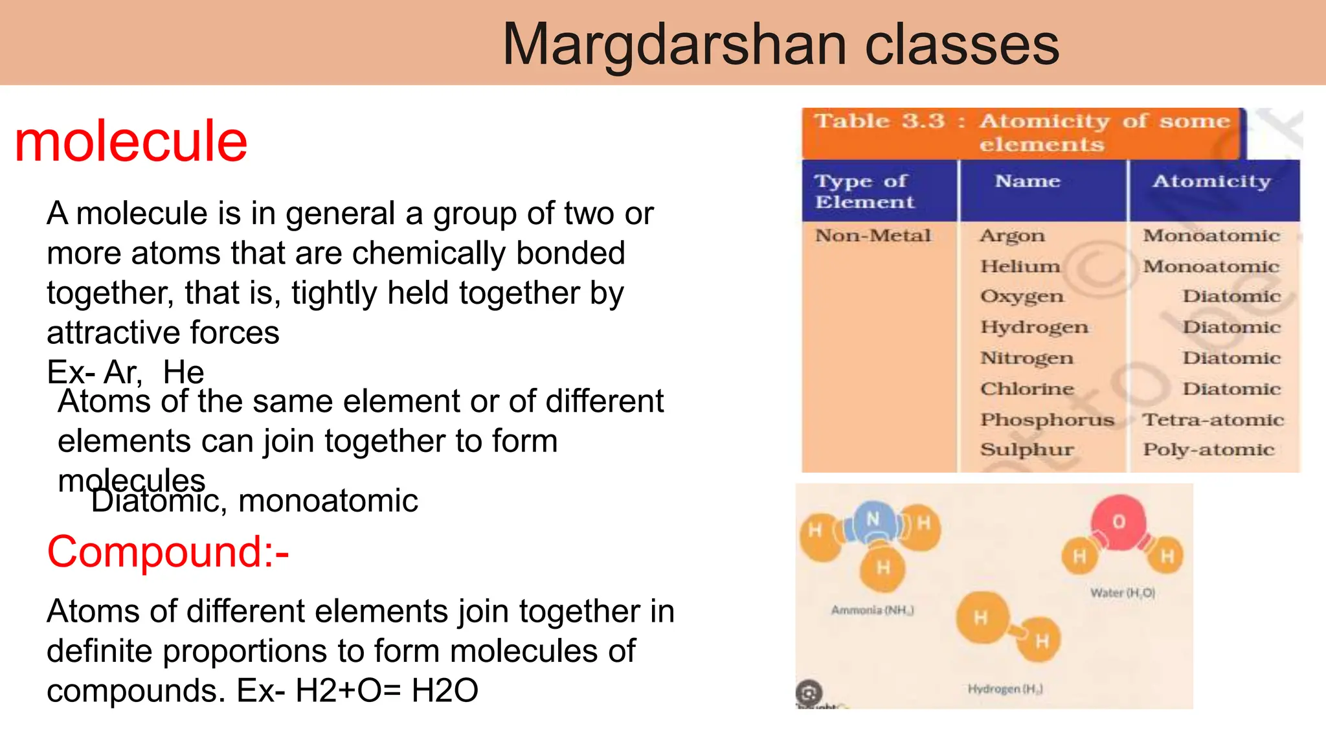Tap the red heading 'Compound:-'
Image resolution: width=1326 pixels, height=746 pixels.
pyautogui.click(x=168, y=552)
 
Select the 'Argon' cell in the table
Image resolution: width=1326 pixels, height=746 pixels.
pyautogui.click(x=1012, y=236)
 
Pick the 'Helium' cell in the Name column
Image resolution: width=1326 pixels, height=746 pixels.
pyautogui.click(x=1020, y=266)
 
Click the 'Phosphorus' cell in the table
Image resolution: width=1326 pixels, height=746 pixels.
pyautogui.click(x=1047, y=420)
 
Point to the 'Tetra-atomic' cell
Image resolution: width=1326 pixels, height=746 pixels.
pyautogui.click(x=1213, y=420)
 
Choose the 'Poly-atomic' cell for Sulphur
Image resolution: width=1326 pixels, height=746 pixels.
pyautogui.click(x=1208, y=449)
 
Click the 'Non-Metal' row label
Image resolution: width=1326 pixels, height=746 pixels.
pyautogui.click(x=873, y=236)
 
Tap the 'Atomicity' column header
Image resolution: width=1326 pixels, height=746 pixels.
pyautogui.click(x=1211, y=181)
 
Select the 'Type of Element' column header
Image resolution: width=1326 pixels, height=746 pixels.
pyautogui.click(x=864, y=191)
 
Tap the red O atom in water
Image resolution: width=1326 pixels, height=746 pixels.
pyautogui.click(x=1119, y=522)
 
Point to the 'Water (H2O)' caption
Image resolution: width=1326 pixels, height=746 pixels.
pyautogui.click(x=1122, y=593)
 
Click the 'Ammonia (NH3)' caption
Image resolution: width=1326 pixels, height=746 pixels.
pyautogui.click(x=872, y=610)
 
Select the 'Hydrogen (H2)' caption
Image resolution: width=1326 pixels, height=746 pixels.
pyautogui.click(x=1005, y=689)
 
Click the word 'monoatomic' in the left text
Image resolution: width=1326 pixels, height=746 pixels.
pyautogui.click(x=328, y=501)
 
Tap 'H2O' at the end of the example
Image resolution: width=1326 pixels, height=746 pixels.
pyautogui.click(x=445, y=690)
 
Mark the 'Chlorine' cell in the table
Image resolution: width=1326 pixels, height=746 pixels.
pyautogui.click(x=1027, y=389)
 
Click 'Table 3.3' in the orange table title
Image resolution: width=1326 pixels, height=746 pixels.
pyautogui.click(x=879, y=121)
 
